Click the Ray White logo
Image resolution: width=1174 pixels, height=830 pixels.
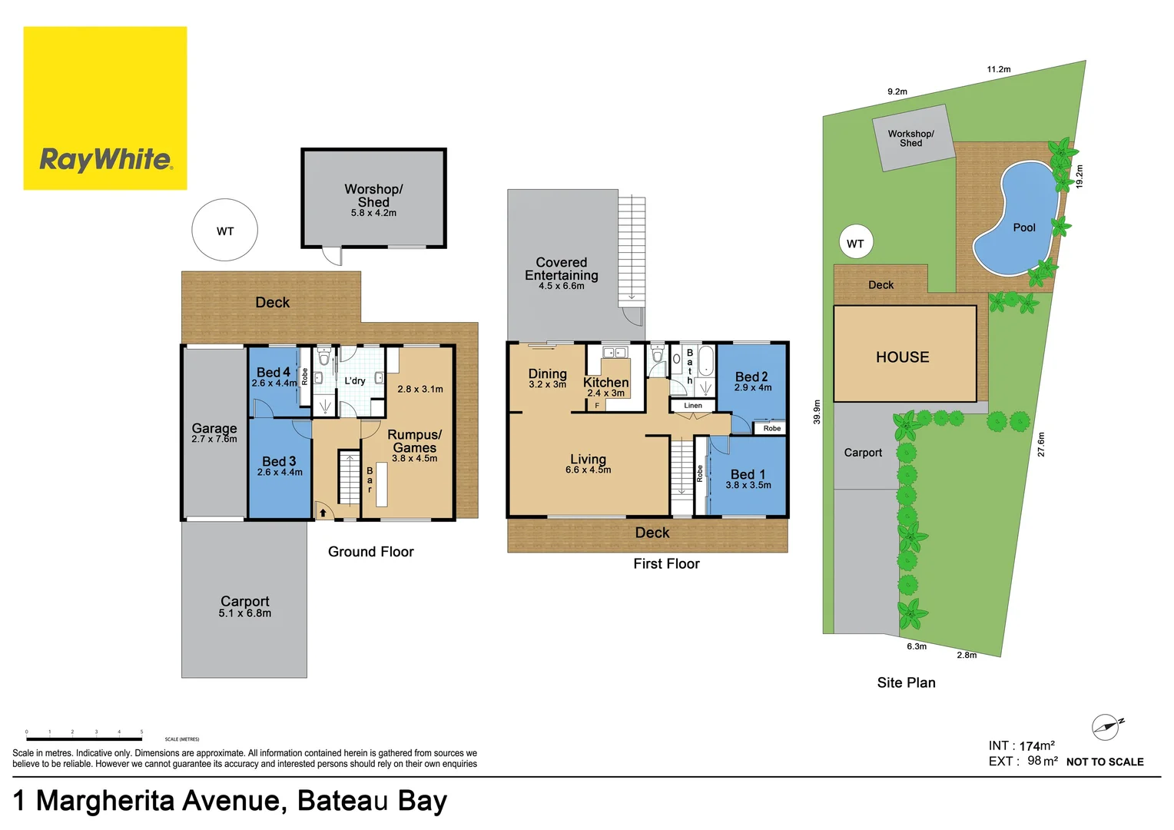point(105,108)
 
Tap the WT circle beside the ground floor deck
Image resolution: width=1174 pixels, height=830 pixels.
point(224,231)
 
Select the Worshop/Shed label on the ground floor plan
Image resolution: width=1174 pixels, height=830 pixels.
point(373,195)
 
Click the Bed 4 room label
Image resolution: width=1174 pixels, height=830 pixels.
point(274,373)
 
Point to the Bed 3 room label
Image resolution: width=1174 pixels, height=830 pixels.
point(279,462)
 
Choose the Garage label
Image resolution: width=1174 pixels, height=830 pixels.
point(214,428)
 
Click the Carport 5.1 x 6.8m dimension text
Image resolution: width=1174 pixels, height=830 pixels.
point(244,613)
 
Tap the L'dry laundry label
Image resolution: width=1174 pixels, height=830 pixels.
point(355,380)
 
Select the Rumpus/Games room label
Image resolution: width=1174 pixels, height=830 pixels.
point(414,441)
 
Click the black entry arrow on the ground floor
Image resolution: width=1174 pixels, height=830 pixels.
point(323,513)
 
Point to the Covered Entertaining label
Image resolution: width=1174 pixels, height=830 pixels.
point(562,269)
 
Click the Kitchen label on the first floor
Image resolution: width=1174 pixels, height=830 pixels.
point(605,383)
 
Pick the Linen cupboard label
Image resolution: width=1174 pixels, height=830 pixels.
point(693,406)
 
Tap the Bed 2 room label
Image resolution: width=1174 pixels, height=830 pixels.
point(751,377)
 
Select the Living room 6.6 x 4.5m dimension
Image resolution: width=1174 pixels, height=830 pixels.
point(589,470)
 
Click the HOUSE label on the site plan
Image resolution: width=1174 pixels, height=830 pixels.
point(903,357)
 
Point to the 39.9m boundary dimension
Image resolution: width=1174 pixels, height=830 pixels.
point(817,411)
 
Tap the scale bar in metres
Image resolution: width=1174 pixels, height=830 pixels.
point(85,739)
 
